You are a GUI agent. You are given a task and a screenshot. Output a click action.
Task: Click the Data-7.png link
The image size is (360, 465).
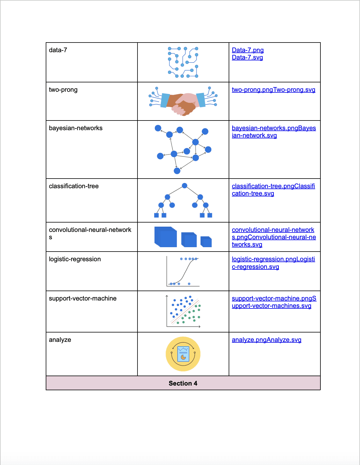pyautogui.click(x=248, y=50)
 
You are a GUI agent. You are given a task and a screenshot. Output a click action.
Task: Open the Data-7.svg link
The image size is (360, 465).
pyautogui.click(x=247, y=57)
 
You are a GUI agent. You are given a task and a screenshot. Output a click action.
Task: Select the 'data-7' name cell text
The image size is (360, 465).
pyautogui.click(x=58, y=50)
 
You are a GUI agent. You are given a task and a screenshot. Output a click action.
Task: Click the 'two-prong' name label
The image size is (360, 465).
pyautogui.click(x=63, y=90)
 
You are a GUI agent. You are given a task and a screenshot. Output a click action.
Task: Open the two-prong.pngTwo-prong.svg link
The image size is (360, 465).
pyautogui.click(x=273, y=90)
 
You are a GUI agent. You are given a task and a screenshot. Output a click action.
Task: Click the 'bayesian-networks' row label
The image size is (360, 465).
pyautogui.click(x=76, y=128)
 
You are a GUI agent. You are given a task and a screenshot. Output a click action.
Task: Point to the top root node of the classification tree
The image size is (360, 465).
pyautogui.click(x=184, y=186)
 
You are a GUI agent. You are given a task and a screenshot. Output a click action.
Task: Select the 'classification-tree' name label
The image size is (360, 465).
pyautogui.click(x=74, y=186)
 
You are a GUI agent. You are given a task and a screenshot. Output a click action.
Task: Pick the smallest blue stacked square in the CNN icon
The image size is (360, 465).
pyautogui.click(x=207, y=242)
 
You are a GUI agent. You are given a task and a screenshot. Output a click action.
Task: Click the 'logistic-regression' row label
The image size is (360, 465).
pyautogui.click(x=75, y=259)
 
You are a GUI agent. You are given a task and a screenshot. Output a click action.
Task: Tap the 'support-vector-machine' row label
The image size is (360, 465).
pyautogui.click(x=83, y=298)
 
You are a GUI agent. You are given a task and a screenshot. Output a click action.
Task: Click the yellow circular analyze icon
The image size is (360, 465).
pyautogui.click(x=183, y=354)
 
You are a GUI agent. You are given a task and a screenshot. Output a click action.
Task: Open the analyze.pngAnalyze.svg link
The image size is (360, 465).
pyautogui.click(x=266, y=340)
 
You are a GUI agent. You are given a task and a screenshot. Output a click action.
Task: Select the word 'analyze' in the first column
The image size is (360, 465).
pyautogui.click(x=60, y=340)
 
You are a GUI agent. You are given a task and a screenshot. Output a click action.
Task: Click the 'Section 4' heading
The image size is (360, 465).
pyautogui.click(x=183, y=383)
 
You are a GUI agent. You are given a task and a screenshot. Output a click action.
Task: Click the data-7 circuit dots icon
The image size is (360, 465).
pyautogui.click(x=183, y=62)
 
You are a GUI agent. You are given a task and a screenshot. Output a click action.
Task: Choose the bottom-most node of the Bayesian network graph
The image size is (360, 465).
pyautogui.click(x=177, y=171)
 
